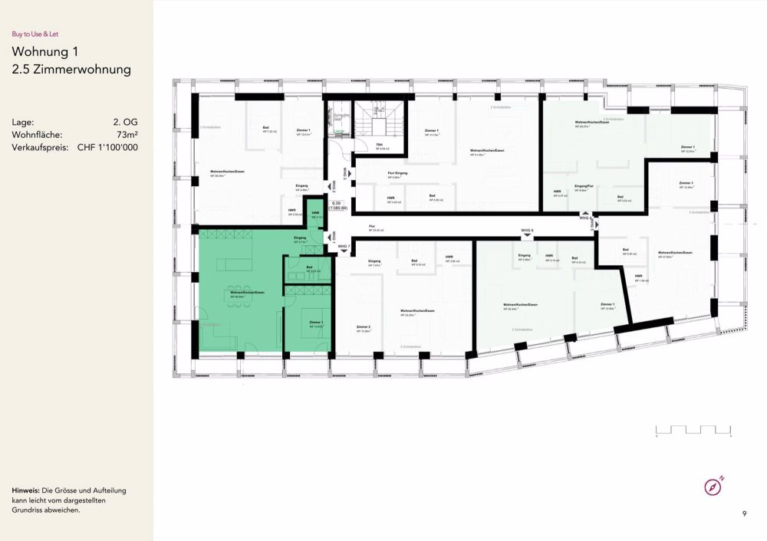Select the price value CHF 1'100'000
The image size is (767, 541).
(x=107, y=148)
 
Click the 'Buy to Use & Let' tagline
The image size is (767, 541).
(x=35, y=33)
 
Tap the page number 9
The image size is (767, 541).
(x=744, y=513)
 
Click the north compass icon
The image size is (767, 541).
(x=713, y=487)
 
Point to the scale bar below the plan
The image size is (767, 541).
(x=693, y=429)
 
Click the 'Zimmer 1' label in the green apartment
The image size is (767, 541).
(x=317, y=323)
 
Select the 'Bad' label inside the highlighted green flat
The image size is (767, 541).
(x=309, y=267)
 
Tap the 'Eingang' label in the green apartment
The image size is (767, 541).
(x=300, y=238)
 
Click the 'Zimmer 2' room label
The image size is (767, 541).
(x=364, y=327)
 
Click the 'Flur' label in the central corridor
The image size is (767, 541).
(x=371, y=227)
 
